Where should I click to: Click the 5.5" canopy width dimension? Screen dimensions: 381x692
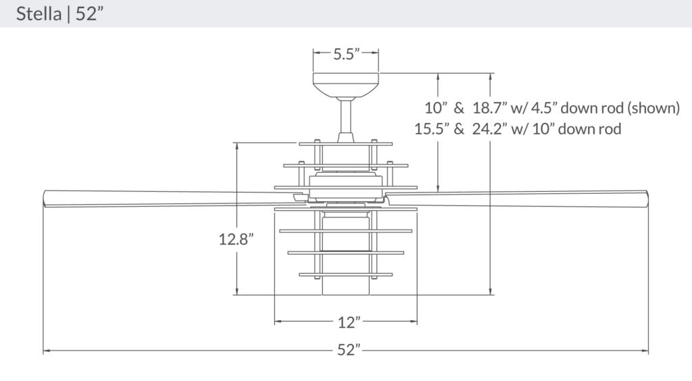coord(345,55)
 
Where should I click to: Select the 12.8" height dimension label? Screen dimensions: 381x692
coord(236,239)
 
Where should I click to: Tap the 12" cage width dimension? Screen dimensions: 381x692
coord(346,322)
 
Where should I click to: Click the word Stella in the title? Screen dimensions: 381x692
coord(39,14)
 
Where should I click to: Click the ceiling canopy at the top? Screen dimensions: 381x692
coord(345,84)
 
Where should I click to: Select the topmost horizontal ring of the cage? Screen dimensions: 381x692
coord(345,143)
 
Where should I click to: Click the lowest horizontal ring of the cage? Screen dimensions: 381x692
coord(345,274)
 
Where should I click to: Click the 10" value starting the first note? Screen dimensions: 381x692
coord(437,108)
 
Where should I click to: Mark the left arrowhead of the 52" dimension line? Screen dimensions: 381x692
coord(46,351)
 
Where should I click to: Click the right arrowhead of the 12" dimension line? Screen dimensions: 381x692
coord(414,322)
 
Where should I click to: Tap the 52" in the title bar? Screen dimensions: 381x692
coord(90,14)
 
